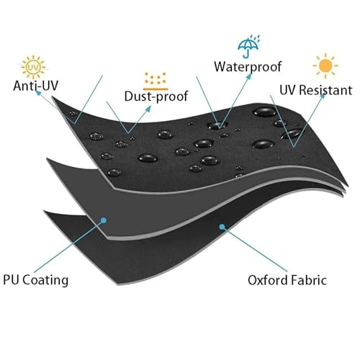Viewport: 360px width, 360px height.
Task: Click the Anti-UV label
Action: [35, 86]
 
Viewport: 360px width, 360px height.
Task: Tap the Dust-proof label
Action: [156, 96]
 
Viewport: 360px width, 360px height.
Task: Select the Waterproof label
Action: [248, 67]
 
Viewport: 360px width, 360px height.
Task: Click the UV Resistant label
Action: [316, 90]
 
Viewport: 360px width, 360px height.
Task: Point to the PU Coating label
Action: [36, 280]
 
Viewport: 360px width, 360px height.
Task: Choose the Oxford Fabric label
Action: [287, 280]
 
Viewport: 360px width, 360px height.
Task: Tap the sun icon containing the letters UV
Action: [33, 68]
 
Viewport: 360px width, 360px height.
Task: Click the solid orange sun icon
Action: [325, 66]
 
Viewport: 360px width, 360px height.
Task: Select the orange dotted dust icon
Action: [156, 81]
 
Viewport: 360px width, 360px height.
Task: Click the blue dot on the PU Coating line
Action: [104, 220]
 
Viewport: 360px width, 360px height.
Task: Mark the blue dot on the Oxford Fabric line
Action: [222, 227]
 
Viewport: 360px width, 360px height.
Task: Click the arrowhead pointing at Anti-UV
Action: [38, 93]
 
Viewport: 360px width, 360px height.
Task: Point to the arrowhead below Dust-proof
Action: [148, 109]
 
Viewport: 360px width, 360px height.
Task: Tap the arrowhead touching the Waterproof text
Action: [249, 76]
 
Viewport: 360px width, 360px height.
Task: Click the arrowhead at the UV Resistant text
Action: [323, 95]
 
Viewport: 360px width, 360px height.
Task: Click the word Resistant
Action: [326, 90]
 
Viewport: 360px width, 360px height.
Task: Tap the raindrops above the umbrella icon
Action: [255, 38]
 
